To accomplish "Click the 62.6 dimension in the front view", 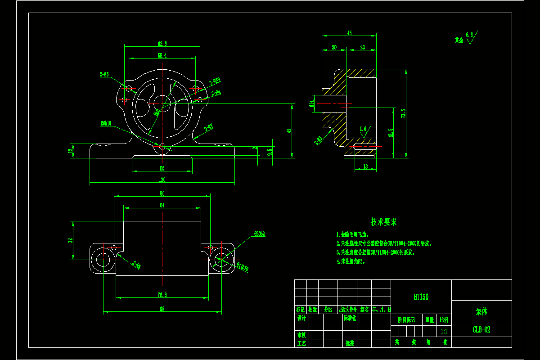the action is click(x=162, y=44).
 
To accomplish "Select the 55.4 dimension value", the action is click(x=162, y=55).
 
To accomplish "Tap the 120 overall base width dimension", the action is click(x=162, y=180).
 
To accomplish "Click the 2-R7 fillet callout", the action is click(x=209, y=128).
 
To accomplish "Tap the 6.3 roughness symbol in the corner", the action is click(x=470, y=36).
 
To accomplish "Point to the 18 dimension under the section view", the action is click(x=364, y=166).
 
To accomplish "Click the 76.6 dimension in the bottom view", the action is click(x=162, y=295).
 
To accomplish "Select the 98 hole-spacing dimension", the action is click(x=162, y=309).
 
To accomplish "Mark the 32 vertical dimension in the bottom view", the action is click(x=70, y=240).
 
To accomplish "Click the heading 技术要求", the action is click(x=384, y=222).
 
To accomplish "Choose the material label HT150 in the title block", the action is click(x=421, y=297).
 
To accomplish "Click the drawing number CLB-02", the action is click(x=481, y=329).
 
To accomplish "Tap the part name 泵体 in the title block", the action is click(x=481, y=311).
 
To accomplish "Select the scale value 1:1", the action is click(x=444, y=331).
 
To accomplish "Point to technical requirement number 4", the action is click(x=351, y=261).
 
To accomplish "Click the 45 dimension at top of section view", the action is click(x=349, y=33).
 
